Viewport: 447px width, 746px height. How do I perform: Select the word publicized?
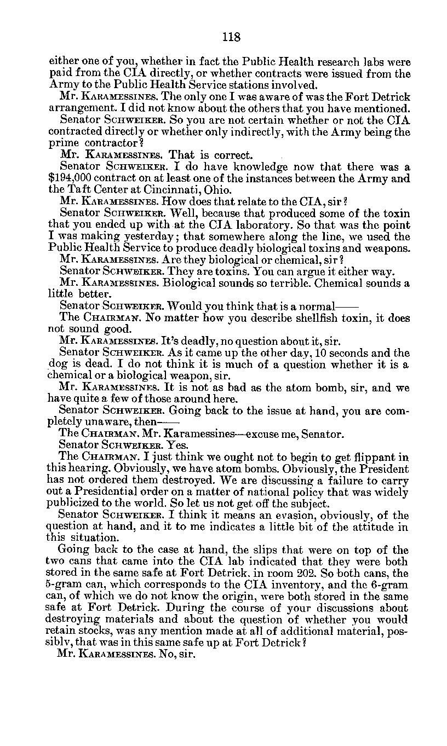click(75, 504)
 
